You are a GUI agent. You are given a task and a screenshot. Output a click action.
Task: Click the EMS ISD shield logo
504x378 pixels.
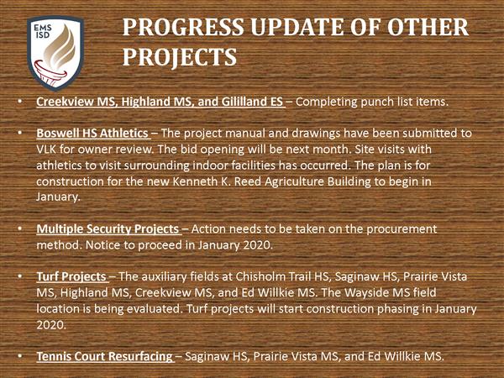coord(55,53)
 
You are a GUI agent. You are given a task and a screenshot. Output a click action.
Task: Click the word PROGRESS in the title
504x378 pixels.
coord(183,27)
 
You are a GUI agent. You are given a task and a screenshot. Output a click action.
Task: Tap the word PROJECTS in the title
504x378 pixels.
coord(180,56)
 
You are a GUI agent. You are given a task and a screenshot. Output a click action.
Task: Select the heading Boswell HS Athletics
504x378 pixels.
coord(92,133)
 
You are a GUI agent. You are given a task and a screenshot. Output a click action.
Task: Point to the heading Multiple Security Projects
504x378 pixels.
coord(108,228)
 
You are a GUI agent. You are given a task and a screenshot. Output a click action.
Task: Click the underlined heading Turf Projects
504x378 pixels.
coord(71,276)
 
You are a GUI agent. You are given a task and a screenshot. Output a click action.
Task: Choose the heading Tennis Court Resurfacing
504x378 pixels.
coord(104,356)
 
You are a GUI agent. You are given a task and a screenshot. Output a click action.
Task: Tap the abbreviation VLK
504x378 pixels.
coord(46,150)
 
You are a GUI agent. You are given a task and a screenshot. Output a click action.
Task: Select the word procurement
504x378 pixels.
coord(402,229)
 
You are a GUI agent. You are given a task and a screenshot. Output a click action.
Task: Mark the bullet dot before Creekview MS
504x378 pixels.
coord(20,101)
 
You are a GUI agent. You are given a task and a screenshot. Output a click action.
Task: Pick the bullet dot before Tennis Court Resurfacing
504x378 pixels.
coord(20,355)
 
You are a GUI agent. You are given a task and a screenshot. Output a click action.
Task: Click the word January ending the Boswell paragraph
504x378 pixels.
coord(58,197)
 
